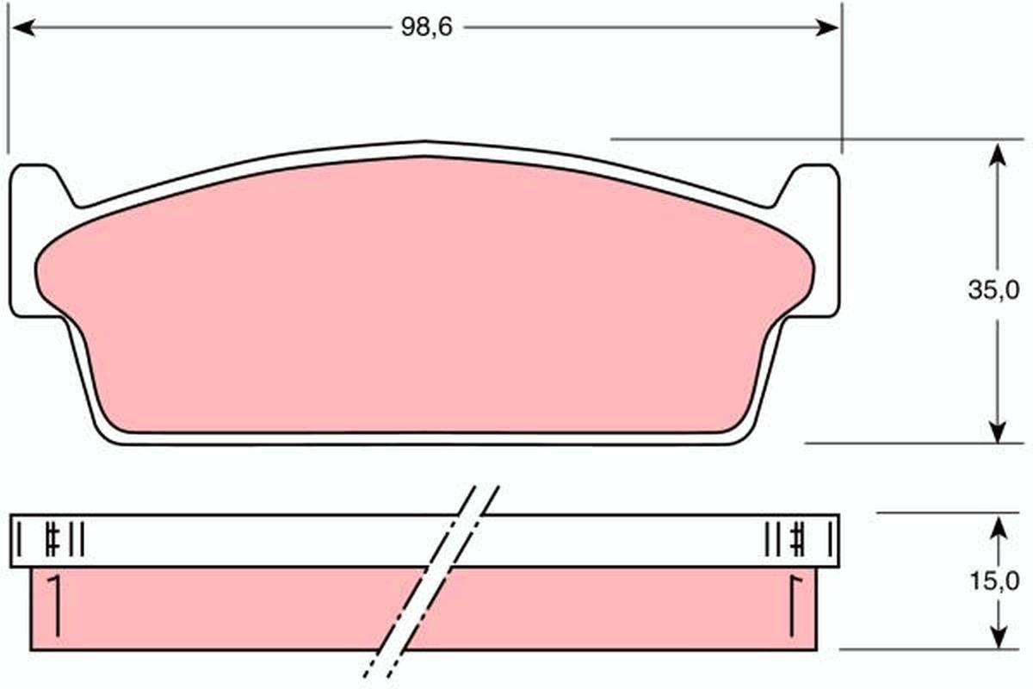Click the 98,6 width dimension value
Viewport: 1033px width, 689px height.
pos(426,28)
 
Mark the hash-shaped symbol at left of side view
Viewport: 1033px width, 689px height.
pos(53,540)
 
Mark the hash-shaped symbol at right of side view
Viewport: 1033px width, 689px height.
pos(798,540)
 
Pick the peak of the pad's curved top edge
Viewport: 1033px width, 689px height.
pos(424,143)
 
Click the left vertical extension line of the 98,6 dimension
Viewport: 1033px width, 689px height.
pos(9,86)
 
